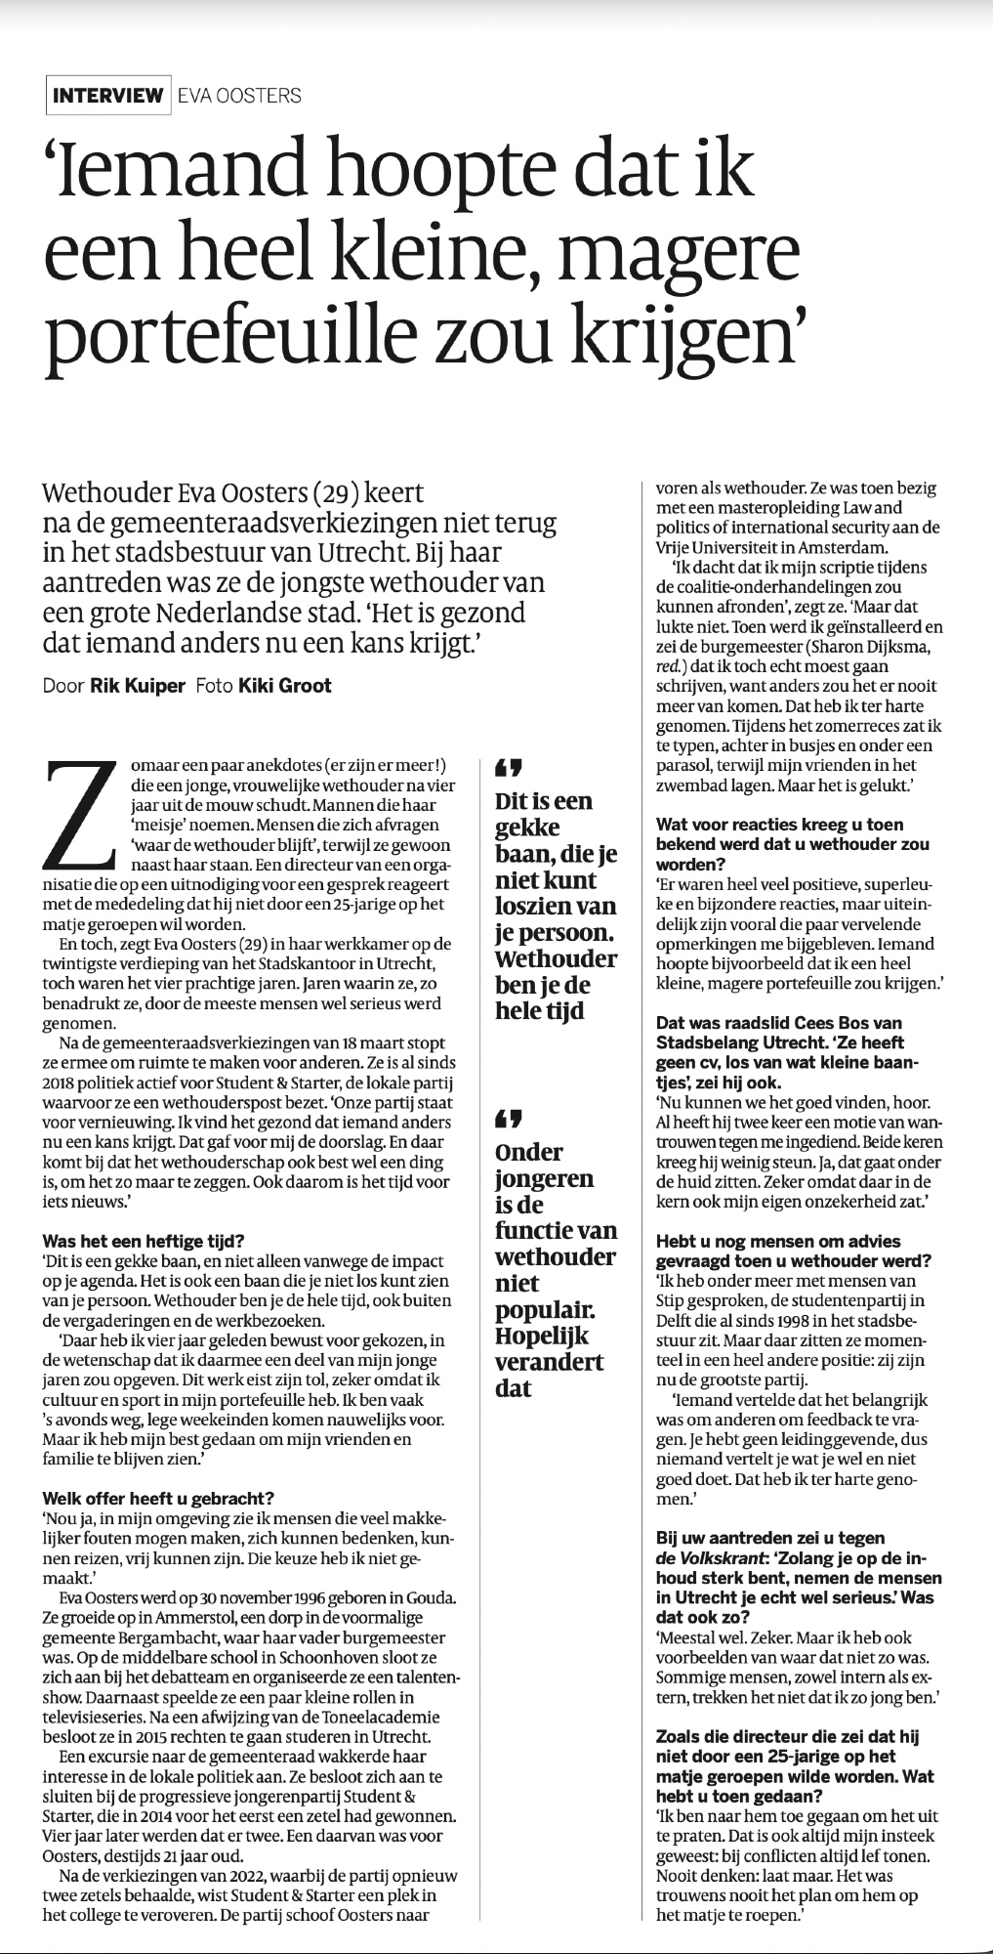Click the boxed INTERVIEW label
pos(108,95)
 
